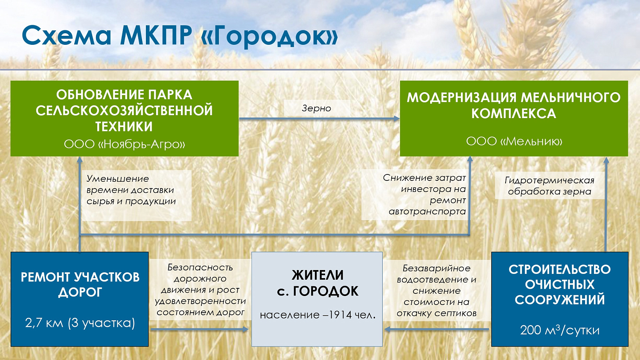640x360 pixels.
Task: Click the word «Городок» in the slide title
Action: [269, 36]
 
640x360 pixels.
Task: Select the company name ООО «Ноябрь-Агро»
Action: [124, 144]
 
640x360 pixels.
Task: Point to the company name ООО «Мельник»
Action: [514, 141]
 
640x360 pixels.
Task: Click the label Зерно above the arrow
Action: [316, 108]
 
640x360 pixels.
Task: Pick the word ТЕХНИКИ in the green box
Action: [124, 127]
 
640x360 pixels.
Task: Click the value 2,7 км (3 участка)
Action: [80, 323]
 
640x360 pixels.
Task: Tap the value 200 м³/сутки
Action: [559, 330]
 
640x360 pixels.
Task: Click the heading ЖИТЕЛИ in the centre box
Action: [317, 275]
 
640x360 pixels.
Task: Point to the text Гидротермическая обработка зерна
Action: [550, 186]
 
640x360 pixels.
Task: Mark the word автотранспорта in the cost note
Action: [427, 212]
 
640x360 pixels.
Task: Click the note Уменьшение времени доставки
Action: [130, 184]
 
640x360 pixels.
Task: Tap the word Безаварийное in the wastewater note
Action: [436, 268]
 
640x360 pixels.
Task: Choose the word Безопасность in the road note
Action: [200, 267]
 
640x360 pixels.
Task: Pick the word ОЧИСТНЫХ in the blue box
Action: [559, 285]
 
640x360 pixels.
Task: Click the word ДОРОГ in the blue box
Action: [80, 293]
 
